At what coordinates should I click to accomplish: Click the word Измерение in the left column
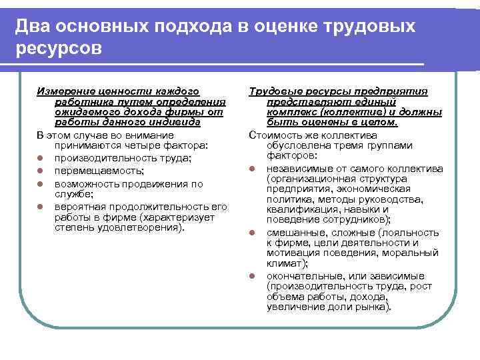(x=64, y=91)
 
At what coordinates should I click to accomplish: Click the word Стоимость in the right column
(x=274, y=135)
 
